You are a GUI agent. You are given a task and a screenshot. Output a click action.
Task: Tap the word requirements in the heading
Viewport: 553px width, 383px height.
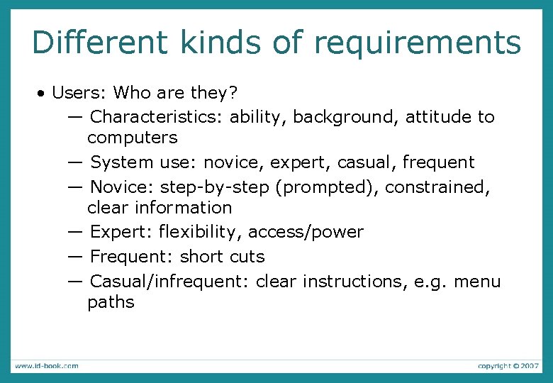click(x=417, y=43)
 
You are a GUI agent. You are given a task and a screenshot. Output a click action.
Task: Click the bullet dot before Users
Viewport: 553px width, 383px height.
click(x=43, y=94)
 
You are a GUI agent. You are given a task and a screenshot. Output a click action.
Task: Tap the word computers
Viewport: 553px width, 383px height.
click(x=132, y=137)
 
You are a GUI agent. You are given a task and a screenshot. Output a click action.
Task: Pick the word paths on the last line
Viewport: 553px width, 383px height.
click(x=111, y=303)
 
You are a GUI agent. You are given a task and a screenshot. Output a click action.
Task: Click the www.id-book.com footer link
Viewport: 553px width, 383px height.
click(x=46, y=366)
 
